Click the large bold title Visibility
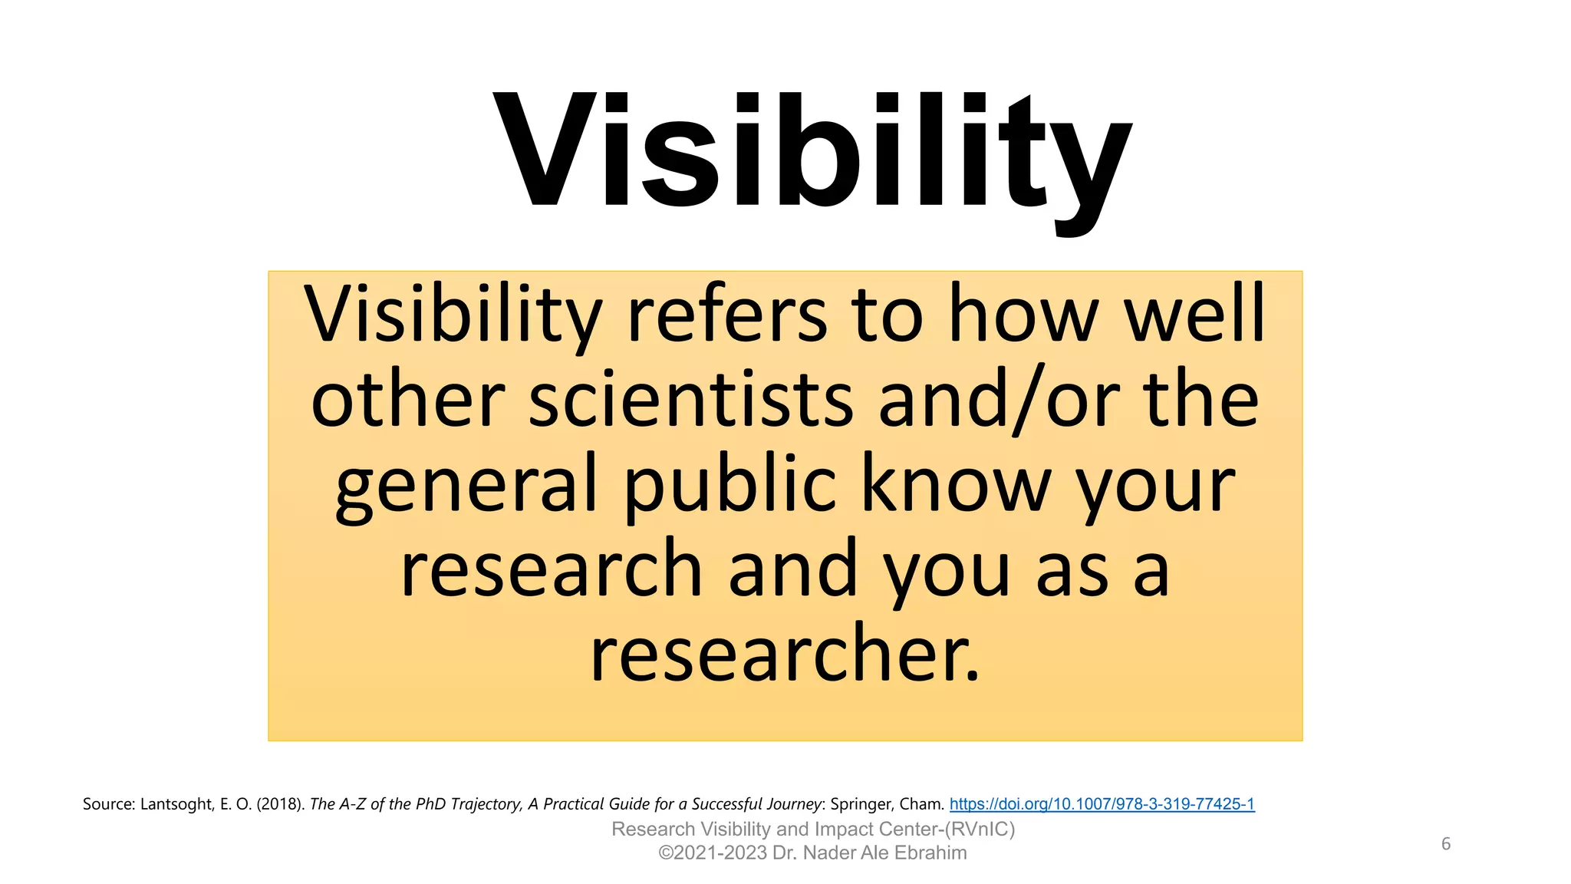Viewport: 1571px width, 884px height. pos(812,153)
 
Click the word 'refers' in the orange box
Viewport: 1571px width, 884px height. pos(726,315)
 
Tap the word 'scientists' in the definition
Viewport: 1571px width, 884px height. pos(690,401)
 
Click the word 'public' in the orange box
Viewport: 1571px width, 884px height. pos(730,485)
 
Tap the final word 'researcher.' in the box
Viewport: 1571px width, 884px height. pos(785,654)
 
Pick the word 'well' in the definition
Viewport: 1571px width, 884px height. pos(1194,315)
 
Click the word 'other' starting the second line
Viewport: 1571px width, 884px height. pos(407,401)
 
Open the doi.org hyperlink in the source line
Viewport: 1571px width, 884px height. pos(1102,804)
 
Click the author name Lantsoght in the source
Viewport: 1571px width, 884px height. pos(176,804)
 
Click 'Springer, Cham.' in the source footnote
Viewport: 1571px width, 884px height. pos(887,804)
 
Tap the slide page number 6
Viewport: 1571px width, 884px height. pos(1445,844)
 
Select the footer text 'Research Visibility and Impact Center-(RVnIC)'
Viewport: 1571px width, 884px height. pos(813,830)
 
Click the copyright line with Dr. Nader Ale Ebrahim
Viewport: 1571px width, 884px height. pos(813,853)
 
